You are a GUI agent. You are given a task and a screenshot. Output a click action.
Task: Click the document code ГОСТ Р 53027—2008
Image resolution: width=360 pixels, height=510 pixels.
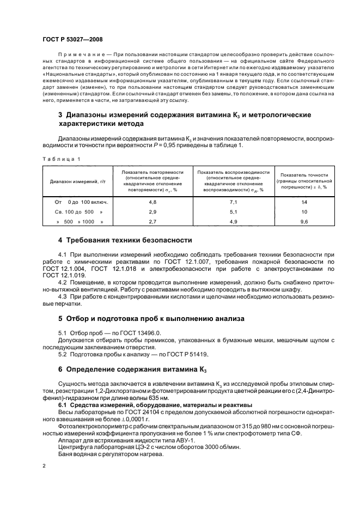click(x=72, y=40)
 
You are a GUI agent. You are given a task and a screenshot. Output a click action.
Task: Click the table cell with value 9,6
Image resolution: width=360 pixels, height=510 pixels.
click(x=304, y=222)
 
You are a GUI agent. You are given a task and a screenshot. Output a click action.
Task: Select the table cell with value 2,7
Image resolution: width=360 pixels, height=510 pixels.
click(x=152, y=222)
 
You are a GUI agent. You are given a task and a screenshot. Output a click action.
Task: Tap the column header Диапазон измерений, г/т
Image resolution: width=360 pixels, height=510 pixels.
click(x=77, y=181)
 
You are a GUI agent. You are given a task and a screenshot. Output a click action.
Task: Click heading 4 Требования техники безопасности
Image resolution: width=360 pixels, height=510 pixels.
click(x=124, y=240)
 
